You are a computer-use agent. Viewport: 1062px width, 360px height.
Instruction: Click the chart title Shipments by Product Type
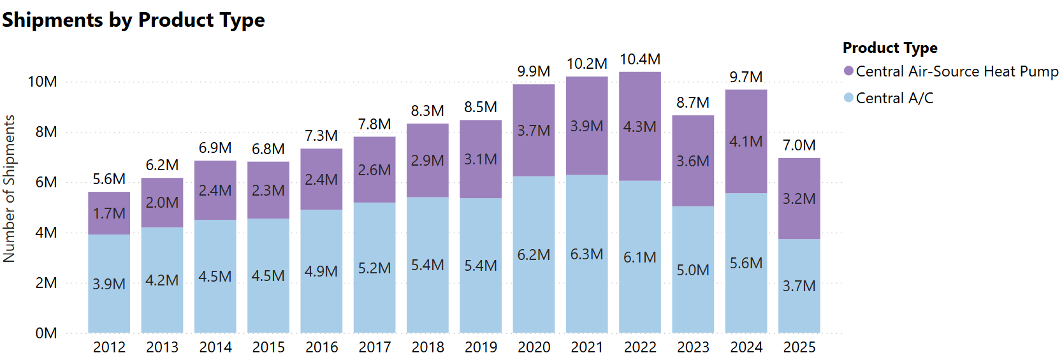133,20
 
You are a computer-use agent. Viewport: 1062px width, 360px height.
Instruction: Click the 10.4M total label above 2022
640,59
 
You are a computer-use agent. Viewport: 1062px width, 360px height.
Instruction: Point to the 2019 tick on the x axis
481,347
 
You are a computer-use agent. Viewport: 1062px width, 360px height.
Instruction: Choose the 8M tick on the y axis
46,132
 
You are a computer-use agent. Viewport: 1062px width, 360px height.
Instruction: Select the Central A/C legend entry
894,98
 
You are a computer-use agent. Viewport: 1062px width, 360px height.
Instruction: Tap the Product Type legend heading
890,48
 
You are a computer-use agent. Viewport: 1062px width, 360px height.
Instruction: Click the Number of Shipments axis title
9,189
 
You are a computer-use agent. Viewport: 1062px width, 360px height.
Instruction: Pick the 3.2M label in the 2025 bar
799,199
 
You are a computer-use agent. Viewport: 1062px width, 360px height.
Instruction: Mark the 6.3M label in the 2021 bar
586,254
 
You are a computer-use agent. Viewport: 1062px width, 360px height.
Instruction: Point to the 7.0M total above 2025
799,145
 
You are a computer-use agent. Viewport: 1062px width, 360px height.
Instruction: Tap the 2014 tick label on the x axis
215,347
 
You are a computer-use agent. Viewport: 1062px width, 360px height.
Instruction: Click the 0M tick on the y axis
46,333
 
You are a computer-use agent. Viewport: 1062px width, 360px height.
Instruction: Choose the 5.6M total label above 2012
109,179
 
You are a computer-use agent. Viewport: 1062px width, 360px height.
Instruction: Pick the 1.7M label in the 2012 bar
109,213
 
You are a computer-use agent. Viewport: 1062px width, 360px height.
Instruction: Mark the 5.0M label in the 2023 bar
693,270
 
